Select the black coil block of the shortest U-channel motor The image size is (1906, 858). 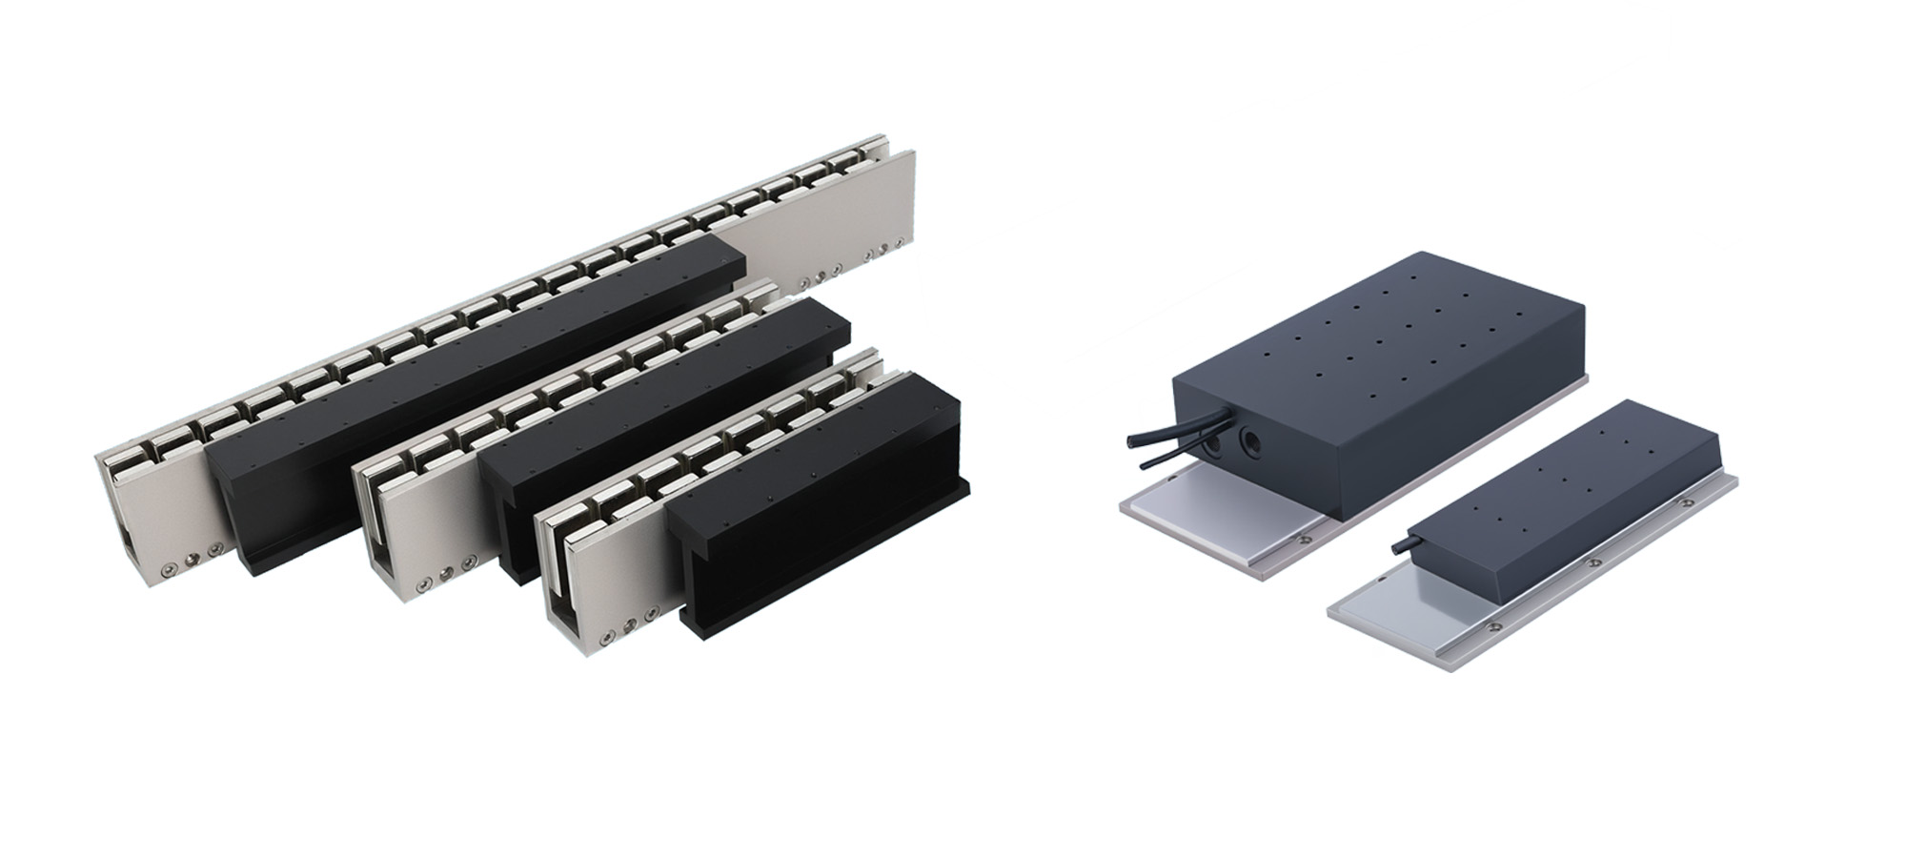820,505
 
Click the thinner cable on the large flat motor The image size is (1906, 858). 1158,460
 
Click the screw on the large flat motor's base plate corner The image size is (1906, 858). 1304,541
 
